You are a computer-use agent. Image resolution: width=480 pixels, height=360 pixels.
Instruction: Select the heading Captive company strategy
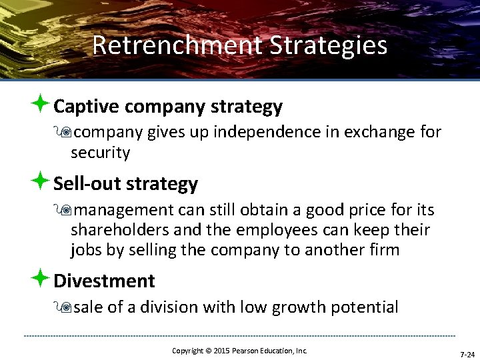[x=167, y=107]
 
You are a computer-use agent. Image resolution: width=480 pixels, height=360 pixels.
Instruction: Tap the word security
[x=100, y=153]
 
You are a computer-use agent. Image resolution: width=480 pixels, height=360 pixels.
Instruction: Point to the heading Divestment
[x=104, y=281]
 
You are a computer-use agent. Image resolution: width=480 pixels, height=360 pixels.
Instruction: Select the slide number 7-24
[x=467, y=354]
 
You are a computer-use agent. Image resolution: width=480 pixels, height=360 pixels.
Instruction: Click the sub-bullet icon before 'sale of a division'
[x=65, y=307]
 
